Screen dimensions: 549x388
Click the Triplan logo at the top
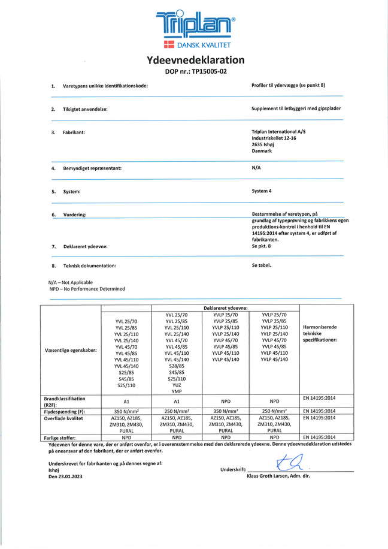196,25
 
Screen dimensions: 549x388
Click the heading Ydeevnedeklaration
196,60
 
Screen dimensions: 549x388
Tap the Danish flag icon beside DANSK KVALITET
169,46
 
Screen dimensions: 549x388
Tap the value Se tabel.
262,264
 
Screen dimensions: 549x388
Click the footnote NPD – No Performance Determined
87,288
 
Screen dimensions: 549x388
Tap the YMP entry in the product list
177,391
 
